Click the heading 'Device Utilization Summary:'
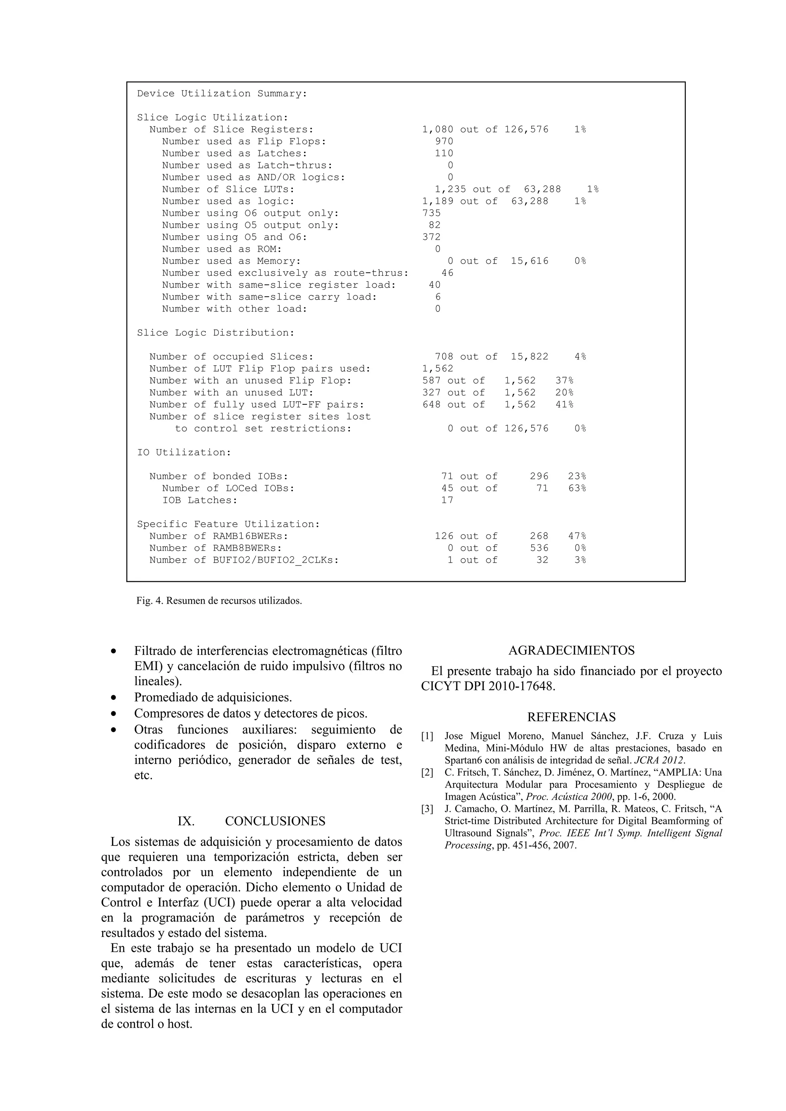click(222, 93)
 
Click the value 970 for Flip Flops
click(444, 141)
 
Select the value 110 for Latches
click(444, 153)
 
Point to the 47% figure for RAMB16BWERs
click(577, 536)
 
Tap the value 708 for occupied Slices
click(444, 357)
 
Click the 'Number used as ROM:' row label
click(222, 249)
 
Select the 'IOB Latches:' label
click(200, 500)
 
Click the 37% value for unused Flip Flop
click(564, 381)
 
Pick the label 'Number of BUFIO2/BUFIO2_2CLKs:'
click(244, 560)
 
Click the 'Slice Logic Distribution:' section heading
click(215, 333)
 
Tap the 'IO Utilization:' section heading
click(184, 452)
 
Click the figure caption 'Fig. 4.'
click(150, 601)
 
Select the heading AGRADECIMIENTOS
click(571, 650)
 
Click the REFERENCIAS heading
click(571, 717)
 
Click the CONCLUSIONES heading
click(275, 821)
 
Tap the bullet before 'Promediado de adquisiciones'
click(114, 698)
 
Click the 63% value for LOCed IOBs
click(577, 488)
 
